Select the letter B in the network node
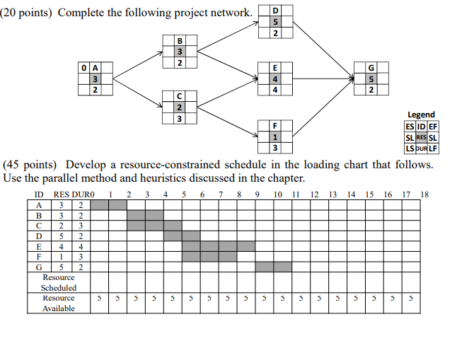180,40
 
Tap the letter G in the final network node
371,67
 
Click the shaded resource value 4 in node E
275,79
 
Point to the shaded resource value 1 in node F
275,137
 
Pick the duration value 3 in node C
180,119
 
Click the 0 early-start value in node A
84,67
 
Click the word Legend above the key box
422,115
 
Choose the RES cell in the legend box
422,137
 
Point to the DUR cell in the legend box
422,149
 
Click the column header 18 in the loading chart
424,194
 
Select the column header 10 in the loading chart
278,194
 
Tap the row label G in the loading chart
40,267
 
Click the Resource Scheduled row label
59,283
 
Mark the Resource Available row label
59,303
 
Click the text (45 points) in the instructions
32,164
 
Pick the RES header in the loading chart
62,194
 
